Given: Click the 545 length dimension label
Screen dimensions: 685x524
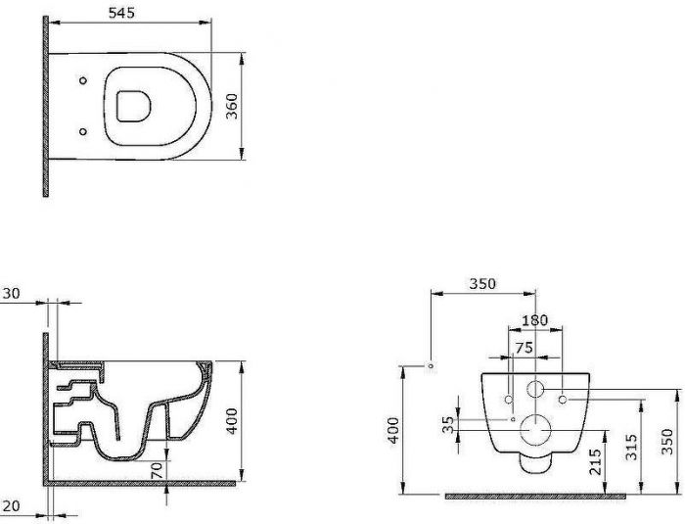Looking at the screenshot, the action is (121, 13).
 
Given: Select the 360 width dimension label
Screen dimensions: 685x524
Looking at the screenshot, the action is (233, 107).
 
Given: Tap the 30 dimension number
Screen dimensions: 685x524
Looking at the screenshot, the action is (11, 294).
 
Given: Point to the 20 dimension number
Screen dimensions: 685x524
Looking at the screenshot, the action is (11, 506).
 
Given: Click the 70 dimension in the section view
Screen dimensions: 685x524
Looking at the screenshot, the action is (157, 470).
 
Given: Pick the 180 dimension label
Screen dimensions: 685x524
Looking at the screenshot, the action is (534, 320).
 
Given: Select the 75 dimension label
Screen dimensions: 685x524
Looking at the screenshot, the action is (524, 348).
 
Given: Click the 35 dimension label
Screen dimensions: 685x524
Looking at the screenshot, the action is (448, 424).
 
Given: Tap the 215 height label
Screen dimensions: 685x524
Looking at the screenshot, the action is (595, 461).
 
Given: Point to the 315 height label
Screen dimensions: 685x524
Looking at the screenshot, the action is (630, 447).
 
